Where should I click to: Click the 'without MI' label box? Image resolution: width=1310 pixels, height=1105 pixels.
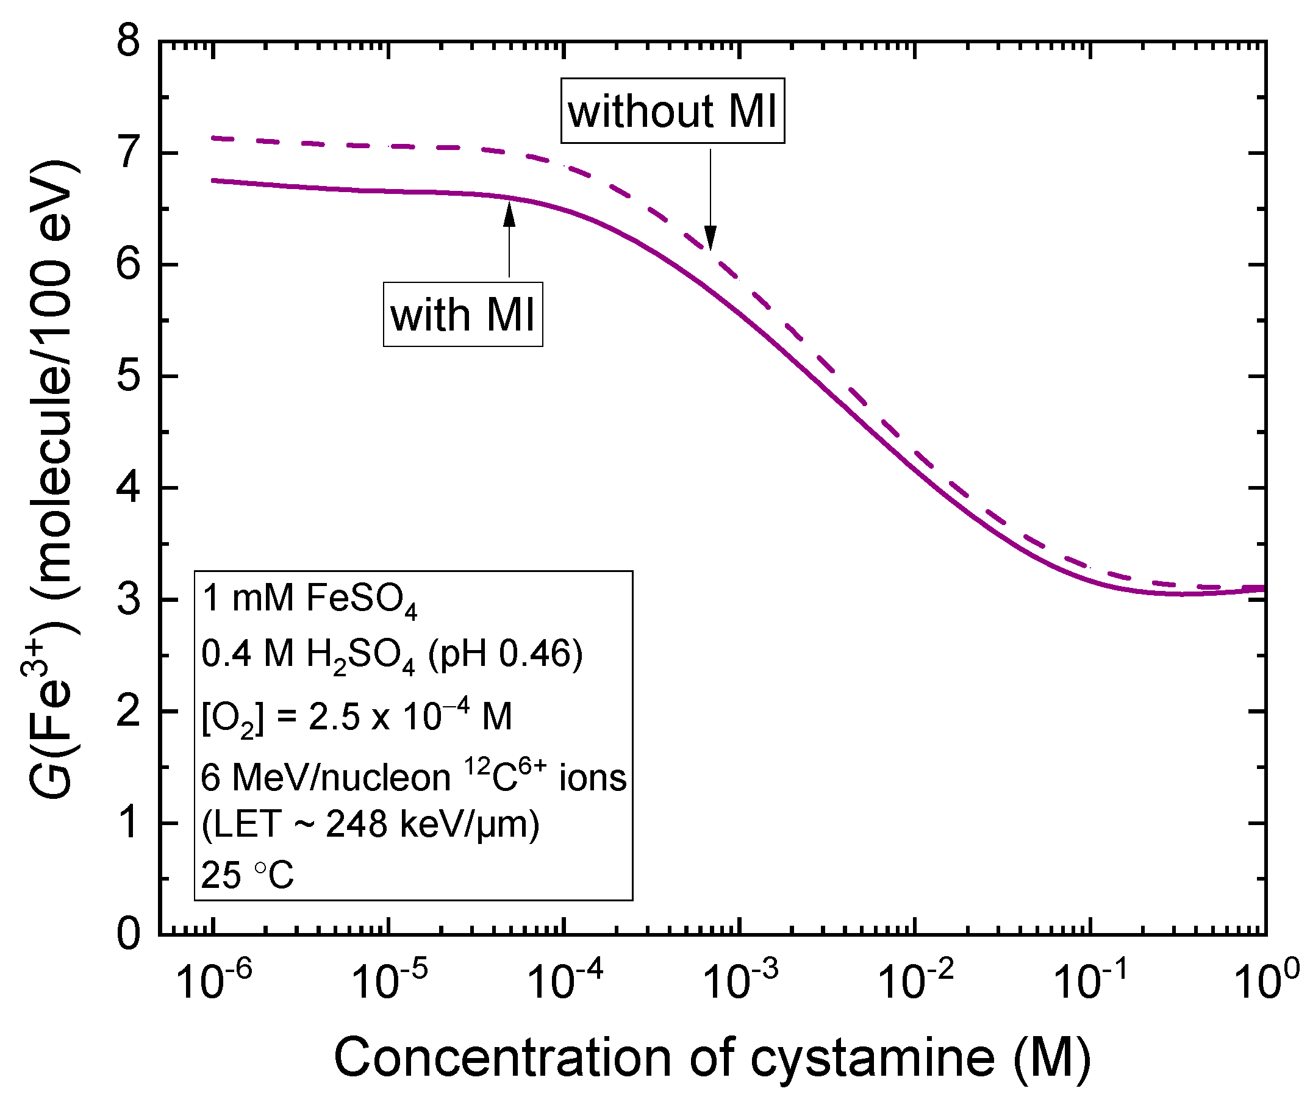[x=671, y=111]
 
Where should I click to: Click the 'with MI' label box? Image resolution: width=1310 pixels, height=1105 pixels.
[x=462, y=314]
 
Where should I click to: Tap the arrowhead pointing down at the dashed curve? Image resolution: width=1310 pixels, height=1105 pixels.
[x=710, y=237]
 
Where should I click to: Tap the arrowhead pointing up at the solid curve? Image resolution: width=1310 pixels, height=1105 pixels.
[x=509, y=214]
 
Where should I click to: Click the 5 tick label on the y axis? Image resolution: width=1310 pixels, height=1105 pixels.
[x=129, y=376]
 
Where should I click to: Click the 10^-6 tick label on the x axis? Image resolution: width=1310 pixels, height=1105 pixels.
[x=213, y=981]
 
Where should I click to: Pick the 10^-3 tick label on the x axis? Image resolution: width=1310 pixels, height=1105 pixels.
[x=740, y=981]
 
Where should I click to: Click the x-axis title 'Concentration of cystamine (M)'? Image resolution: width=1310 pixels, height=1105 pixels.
[x=712, y=1058]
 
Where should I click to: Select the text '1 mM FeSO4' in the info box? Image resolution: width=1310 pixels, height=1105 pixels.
[x=309, y=599]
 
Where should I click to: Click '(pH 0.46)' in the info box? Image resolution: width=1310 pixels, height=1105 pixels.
[x=505, y=654]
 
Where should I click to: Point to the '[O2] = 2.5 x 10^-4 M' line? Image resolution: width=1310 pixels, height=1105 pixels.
[x=356, y=716]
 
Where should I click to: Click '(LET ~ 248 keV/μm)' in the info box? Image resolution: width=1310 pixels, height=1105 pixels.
[x=370, y=824]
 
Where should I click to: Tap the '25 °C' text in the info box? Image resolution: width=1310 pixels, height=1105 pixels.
[x=247, y=874]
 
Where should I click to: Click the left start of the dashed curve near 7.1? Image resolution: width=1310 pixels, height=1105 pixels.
[x=214, y=137]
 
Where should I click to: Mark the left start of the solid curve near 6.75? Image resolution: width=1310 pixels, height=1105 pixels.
[x=214, y=181]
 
